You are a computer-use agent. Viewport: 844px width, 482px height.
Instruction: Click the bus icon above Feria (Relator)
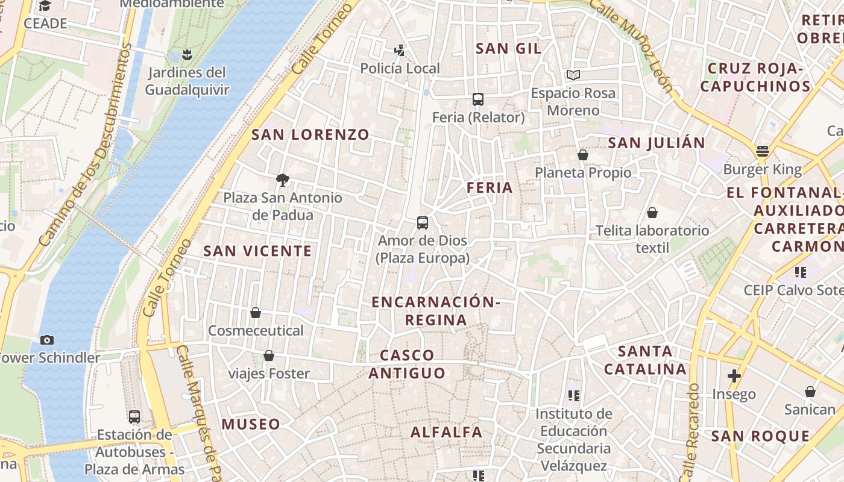pos(478,99)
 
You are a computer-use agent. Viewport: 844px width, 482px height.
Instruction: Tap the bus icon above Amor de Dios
pos(423,223)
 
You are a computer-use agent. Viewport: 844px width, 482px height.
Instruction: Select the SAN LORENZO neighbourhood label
pos(310,135)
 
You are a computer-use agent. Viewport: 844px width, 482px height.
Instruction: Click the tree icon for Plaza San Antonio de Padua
pos(282,180)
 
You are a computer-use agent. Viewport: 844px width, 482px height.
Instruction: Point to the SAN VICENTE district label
pos(257,251)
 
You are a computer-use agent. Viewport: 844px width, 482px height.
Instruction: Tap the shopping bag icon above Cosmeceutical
pos(256,313)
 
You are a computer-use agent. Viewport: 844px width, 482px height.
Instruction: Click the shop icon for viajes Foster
pos(269,355)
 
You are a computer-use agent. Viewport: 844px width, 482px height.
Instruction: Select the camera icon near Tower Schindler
pos(46,340)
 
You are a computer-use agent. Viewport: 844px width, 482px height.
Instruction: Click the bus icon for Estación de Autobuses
pos(134,416)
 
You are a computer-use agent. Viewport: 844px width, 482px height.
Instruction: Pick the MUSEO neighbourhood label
pos(251,424)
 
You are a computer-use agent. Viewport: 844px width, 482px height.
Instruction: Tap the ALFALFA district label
pos(446,432)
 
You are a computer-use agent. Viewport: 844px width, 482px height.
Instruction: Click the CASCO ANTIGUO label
pos(407,364)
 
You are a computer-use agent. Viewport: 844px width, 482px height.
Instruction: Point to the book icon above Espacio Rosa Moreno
pos(573,75)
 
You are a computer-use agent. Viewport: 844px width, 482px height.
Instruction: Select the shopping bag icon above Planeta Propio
pos(582,155)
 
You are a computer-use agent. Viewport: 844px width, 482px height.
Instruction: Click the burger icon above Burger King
pos(763,151)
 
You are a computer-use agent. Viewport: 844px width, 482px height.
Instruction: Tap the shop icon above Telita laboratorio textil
pos(652,213)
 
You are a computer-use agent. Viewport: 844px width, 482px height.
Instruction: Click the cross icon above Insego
pos(734,376)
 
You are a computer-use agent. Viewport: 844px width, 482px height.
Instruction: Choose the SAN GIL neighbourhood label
pos(508,49)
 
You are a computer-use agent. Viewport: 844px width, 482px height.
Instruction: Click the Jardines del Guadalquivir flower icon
pos(187,55)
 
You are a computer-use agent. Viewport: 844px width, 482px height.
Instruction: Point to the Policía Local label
pos(400,69)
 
